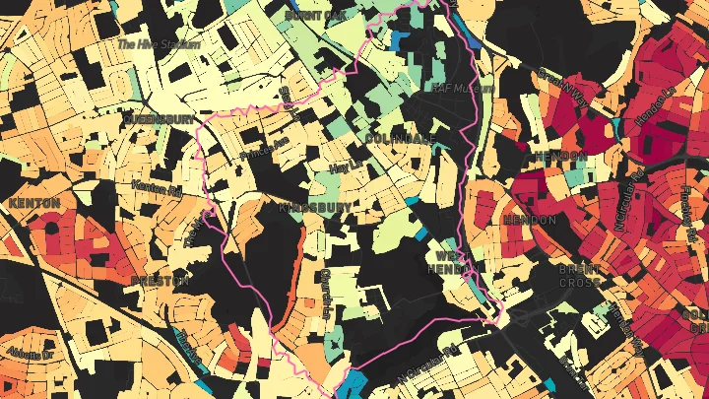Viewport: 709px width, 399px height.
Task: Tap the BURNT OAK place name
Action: [x=315, y=16]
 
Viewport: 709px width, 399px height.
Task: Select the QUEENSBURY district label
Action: [x=158, y=118]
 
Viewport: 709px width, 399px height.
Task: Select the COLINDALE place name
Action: [x=399, y=139]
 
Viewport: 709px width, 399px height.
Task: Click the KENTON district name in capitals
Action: [x=33, y=203]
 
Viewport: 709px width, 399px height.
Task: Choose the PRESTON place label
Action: [x=159, y=280]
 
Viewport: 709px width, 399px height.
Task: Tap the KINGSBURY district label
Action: [x=315, y=208]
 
